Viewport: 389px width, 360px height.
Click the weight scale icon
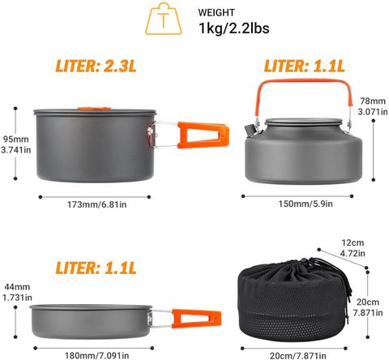tap(163, 19)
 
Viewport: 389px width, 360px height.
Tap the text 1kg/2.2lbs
tap(234, 28)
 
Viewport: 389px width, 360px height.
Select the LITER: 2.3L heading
tap(96, 66)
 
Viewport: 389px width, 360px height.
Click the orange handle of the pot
tap(203, 135)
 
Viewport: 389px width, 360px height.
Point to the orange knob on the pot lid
tap(94, 109)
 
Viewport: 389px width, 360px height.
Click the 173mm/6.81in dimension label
tap(96, 204)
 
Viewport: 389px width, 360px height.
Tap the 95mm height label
tap(16, 139)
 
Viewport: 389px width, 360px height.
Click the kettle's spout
tap(250, 129)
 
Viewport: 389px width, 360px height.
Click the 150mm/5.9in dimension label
tap(306, 204)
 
